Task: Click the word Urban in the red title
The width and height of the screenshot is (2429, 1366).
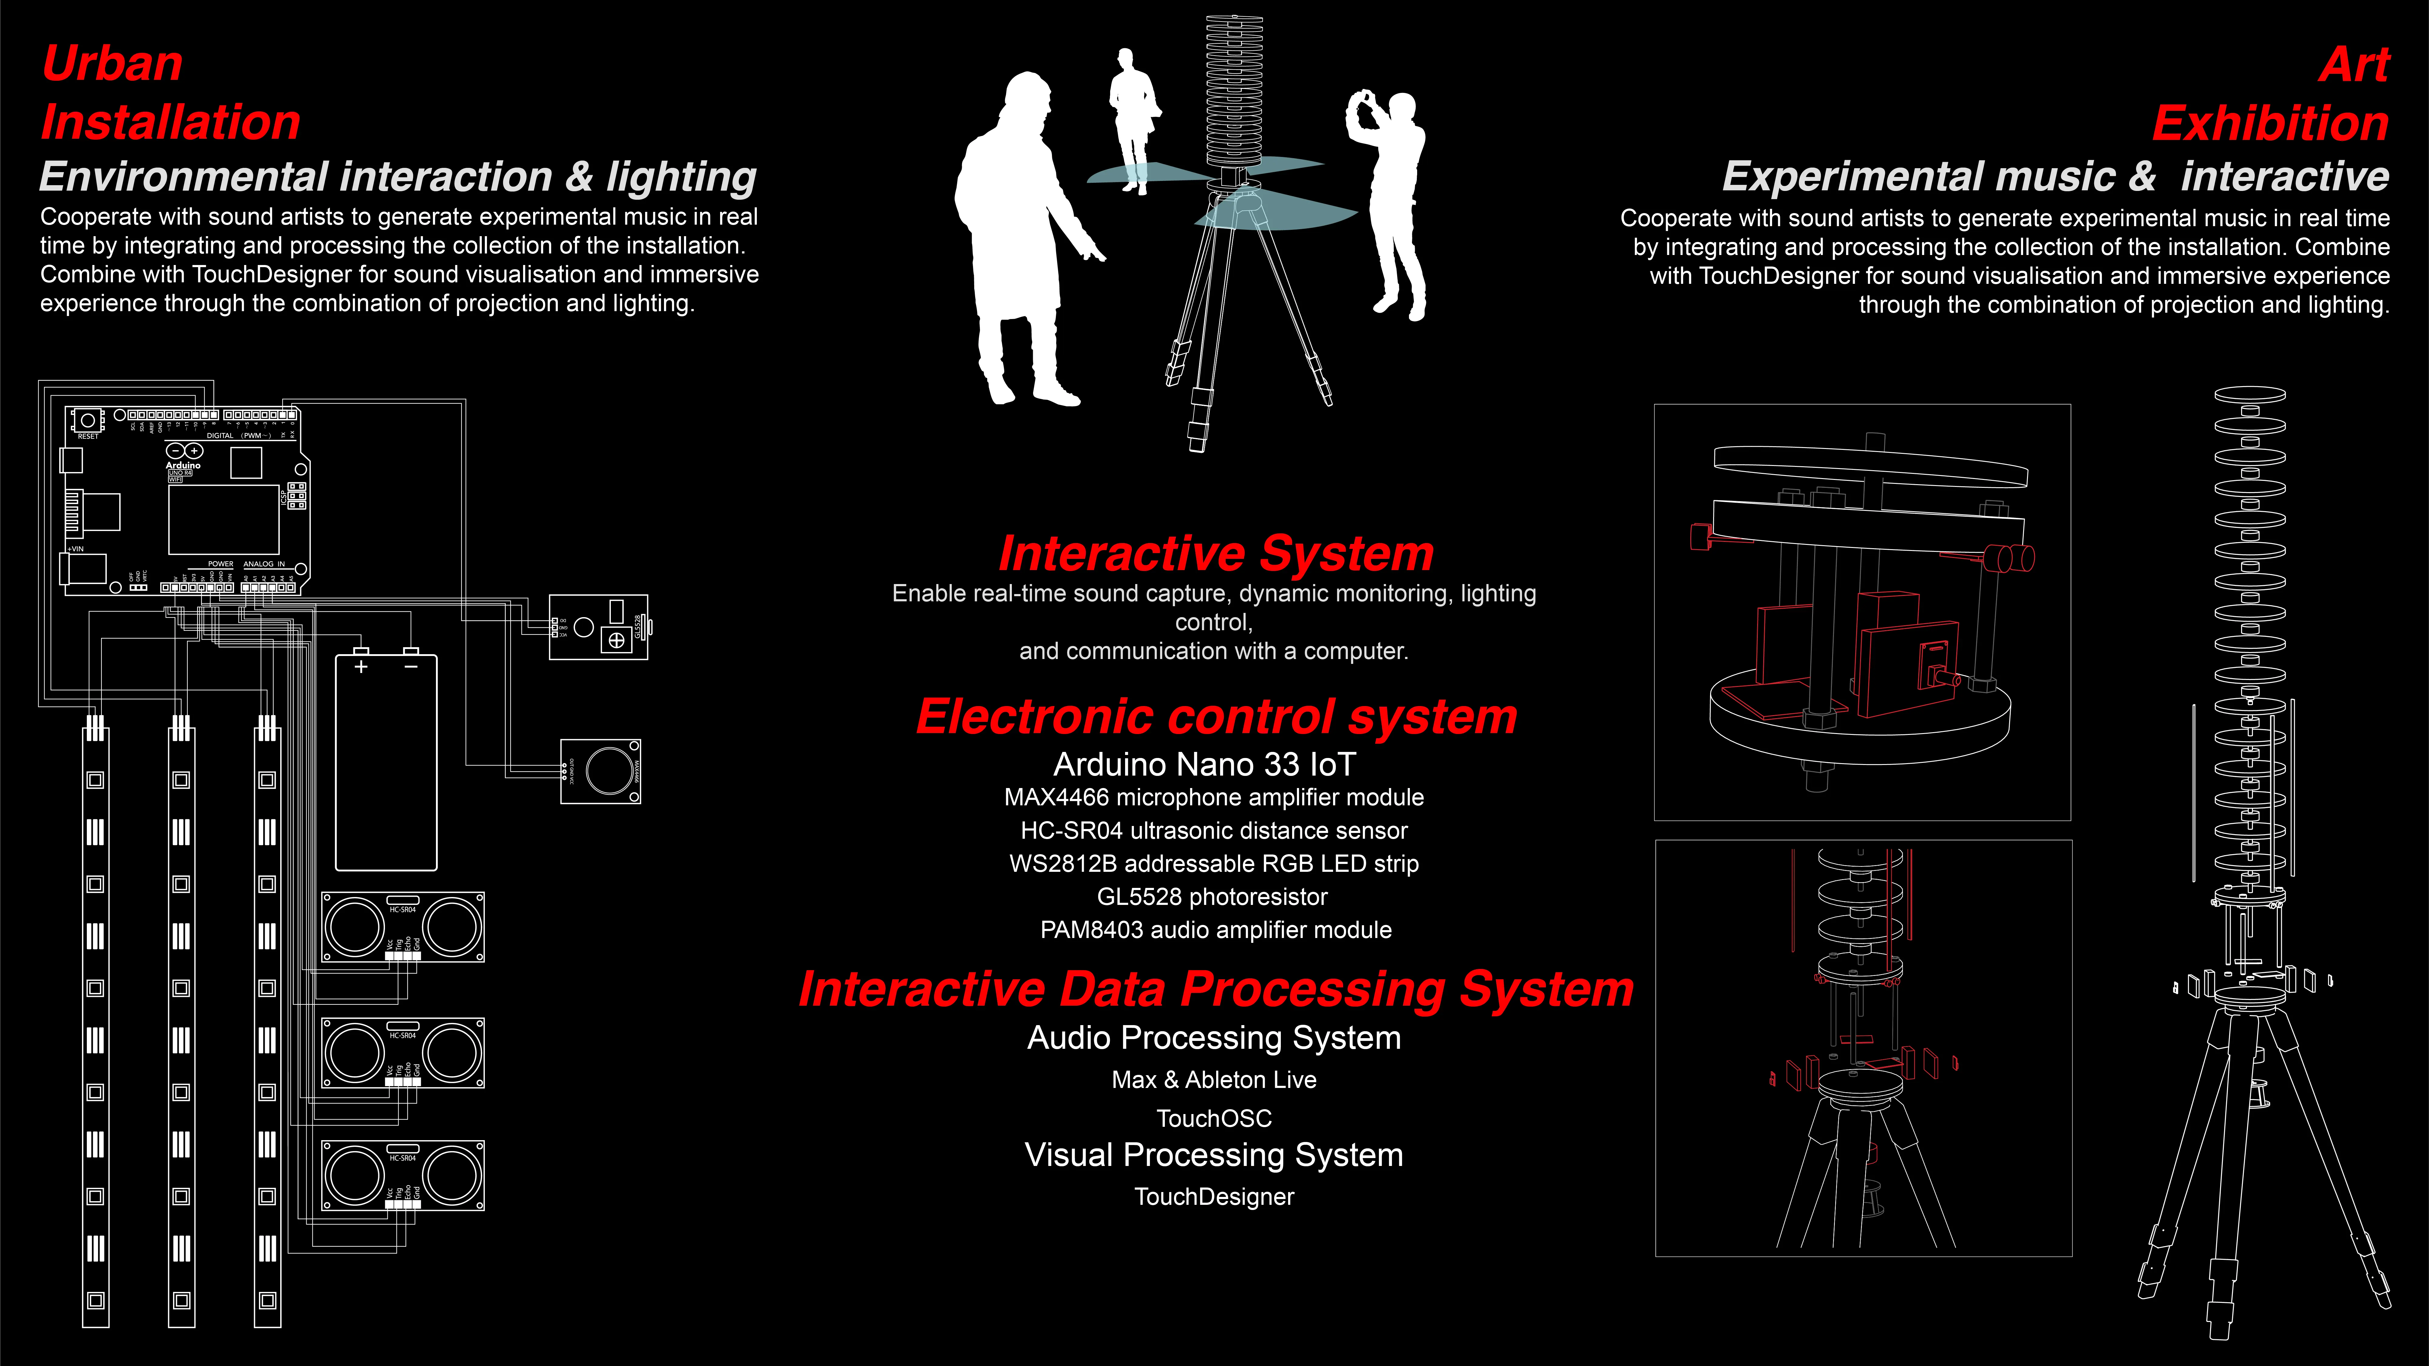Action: coord(112,64)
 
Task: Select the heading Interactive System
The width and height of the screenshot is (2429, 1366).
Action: coord(1216,553)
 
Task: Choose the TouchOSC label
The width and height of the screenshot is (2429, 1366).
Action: coord(1213,1118)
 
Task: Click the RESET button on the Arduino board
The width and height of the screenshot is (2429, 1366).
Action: coord(88,420)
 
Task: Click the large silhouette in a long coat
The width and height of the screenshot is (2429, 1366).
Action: coord(1018,236)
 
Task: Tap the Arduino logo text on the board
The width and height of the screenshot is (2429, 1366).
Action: coord(183,465)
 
